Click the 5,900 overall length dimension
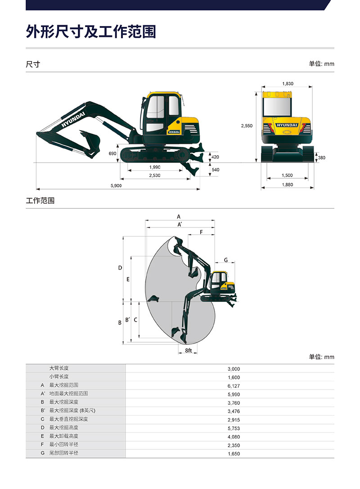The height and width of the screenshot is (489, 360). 116,186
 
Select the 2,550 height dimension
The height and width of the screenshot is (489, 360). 247,126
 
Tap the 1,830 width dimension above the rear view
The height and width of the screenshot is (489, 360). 288,84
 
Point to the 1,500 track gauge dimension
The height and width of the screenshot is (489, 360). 287,175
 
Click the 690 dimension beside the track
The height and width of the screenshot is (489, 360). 112,154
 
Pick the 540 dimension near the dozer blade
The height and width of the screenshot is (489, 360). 216,170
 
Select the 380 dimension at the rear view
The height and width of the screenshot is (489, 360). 321,158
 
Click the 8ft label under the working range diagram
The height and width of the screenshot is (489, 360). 188,350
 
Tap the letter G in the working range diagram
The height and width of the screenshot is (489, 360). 225,260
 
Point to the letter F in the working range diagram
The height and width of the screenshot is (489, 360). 201,232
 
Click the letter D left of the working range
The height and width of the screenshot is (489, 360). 120,268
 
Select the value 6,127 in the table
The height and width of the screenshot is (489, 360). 234,386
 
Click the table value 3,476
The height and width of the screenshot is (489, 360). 234,412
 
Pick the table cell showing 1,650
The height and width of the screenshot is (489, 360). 234,454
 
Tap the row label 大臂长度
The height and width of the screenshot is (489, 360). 59,368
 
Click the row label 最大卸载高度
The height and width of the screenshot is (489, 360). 63,436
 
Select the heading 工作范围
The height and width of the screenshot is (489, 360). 40,200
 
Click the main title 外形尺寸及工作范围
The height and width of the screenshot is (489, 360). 91,32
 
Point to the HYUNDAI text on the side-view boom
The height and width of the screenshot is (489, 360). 73,120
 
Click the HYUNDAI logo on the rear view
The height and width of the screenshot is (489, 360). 287,125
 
